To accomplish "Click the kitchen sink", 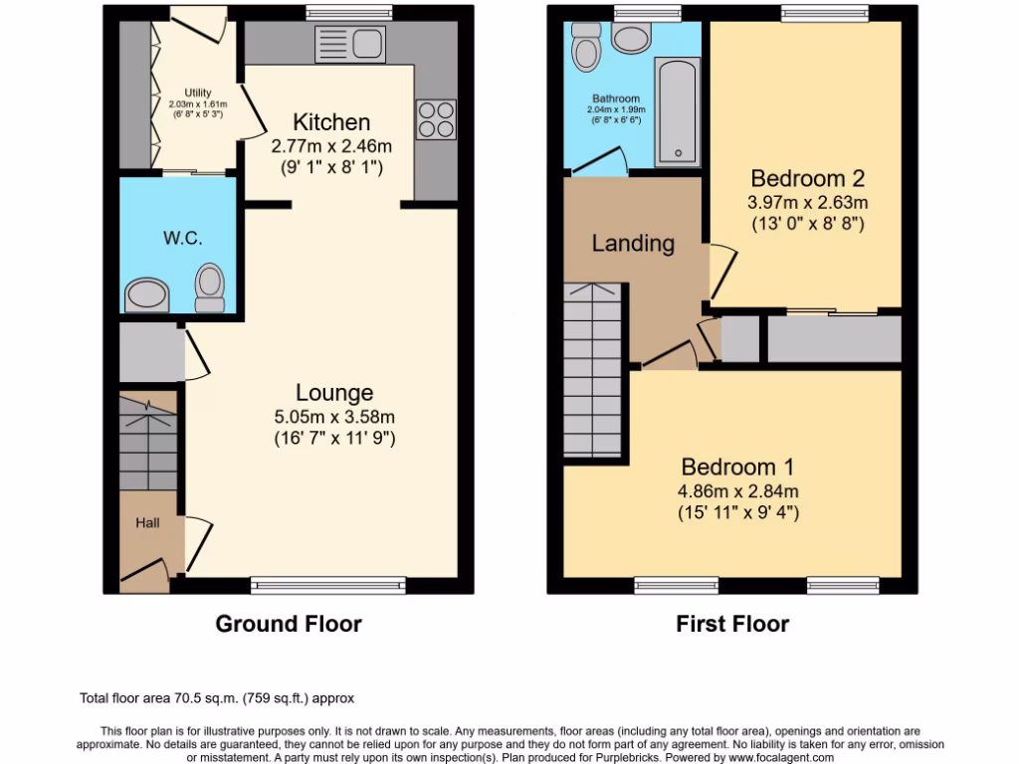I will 349,44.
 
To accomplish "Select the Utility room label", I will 198,93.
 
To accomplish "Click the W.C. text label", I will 182,239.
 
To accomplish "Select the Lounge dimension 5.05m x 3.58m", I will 334,417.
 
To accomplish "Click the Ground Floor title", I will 289,624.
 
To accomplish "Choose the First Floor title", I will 732,624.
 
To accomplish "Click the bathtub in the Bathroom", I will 677,109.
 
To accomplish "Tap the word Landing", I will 633,243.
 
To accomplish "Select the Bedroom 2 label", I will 807,179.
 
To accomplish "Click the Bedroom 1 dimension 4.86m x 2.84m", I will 739,490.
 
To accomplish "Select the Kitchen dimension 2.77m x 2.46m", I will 331,146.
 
